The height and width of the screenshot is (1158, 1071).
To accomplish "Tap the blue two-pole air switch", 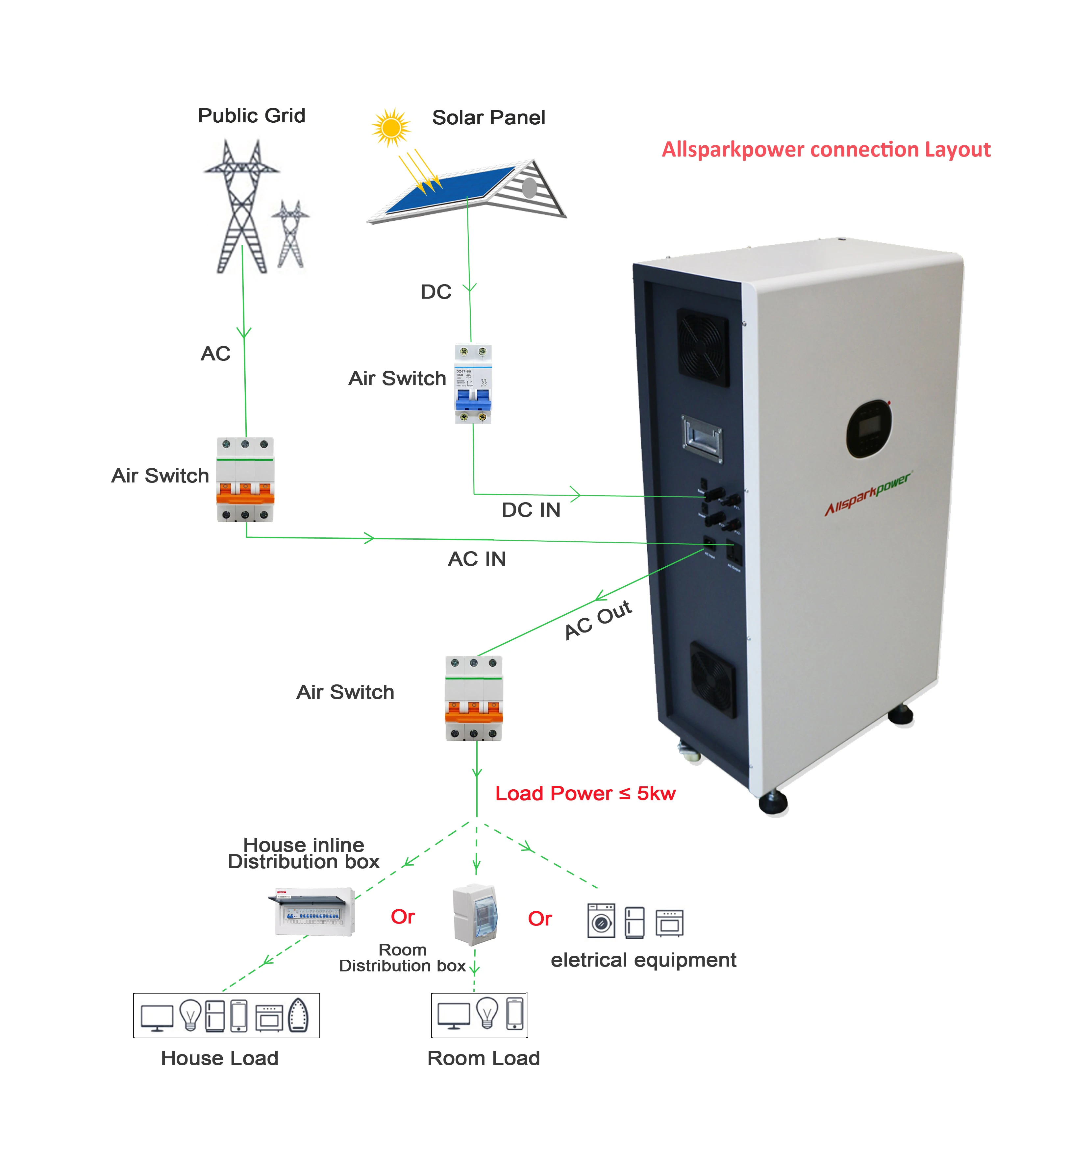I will [473, 384].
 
